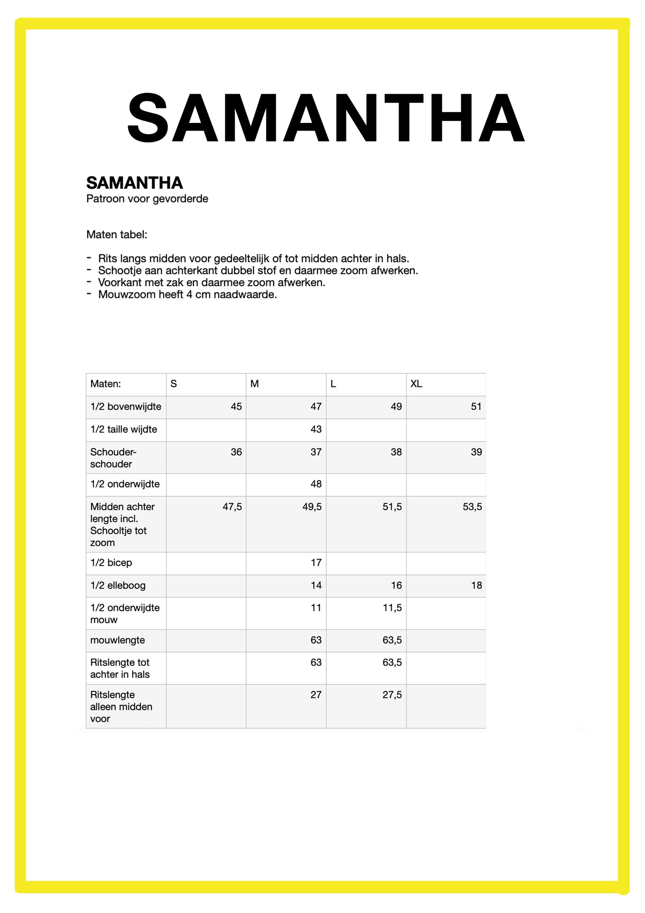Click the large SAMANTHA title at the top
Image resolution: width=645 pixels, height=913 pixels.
[326, 118]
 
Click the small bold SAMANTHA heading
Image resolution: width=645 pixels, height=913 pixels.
[134, 183]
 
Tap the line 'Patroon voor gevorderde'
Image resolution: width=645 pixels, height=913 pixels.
[147, 199]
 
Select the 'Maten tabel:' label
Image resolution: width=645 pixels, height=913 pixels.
[117, 235]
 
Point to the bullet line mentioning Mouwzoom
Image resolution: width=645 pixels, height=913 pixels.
[187, 295]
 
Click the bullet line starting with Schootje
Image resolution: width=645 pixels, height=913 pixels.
[258, 271]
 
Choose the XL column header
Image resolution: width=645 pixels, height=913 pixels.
[416, 384]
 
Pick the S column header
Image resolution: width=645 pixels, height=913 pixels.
[174, 384]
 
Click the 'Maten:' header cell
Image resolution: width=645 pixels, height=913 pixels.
[105, 384]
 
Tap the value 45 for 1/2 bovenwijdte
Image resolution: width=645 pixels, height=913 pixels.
[236, 406]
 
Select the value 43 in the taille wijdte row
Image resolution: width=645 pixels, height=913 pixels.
[316, 429]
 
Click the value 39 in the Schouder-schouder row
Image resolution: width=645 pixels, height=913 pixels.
[476, 452]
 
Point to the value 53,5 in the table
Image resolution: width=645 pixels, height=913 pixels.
[472, 507]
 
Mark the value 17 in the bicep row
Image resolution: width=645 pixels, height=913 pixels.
[316, 563]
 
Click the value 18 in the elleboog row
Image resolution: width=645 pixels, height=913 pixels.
[476, 586]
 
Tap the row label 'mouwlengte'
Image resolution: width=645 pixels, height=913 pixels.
[117, 640]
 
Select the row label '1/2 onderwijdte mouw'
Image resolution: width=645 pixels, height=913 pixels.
[125, 614]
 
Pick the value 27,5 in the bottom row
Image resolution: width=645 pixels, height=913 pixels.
[392, 695]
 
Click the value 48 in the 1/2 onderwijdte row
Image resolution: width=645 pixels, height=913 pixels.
[316, 484]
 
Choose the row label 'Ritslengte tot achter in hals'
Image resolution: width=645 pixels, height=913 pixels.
[120, 668]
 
